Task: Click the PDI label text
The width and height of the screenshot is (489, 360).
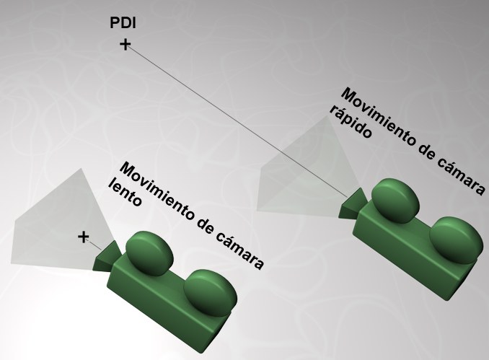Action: tap(123, 24)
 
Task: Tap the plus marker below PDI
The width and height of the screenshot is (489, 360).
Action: tap(125, 45)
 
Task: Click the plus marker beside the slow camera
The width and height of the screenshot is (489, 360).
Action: tap(84, 237)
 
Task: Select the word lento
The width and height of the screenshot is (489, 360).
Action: tap(123, 192)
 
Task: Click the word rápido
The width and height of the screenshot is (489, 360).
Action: tap(350, 123)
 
